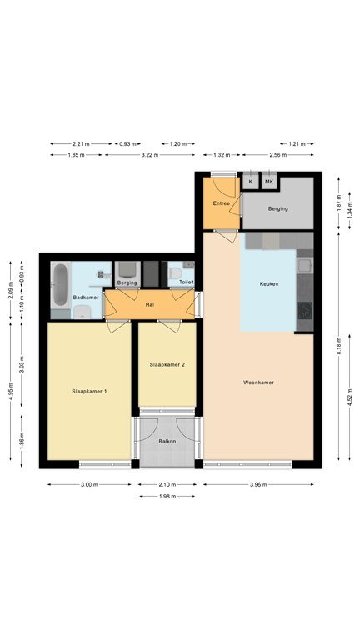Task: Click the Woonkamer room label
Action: pos(258,382)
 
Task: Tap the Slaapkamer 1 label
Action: pos(89,391)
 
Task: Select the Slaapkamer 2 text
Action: pos(167,364)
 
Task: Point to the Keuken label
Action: pos(269,283)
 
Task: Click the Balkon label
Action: pos(167,441)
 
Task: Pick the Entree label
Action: pos(221,203)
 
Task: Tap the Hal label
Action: pos(149,304)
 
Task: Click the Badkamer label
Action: pos(86,297)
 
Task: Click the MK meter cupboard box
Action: pos(269,181)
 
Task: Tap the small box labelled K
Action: pos(251,181)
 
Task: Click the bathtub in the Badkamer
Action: pos(60,285)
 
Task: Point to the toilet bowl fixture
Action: pos(176,272)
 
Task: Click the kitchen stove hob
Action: pos(305,310)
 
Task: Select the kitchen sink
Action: pos(305,266)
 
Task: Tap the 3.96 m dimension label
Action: pos(258,484)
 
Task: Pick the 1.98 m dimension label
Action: pos(167,497)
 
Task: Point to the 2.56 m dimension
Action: pos(278,155)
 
